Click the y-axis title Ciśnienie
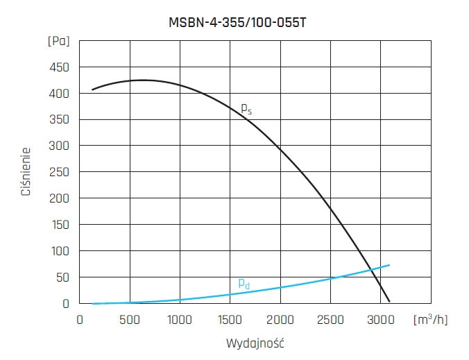26,171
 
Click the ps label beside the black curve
246,108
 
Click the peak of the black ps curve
142,80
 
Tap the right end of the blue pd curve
389,265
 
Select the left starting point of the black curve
92,89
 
